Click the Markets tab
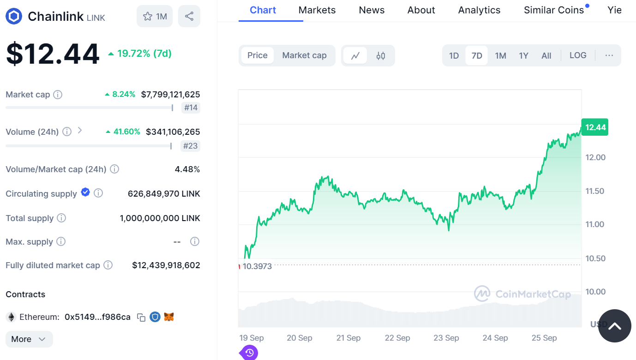[x=317, y=10]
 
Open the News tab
[x=372, y=10]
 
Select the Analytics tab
[x=479, y=10]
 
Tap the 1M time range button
[x=500, y=56]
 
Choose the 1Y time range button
[x=523, y=56]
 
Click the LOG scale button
[x=578, y=56]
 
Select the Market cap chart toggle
[x=304, y=56]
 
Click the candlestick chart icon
[x=381, y=56]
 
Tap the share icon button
[x=189, y=17]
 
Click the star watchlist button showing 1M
[x=155, y=17]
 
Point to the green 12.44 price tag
[x=594, y=127]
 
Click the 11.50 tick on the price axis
[x=595, y=191]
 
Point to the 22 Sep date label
[x=397, y=338]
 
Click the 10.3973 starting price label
[x=257, y=266]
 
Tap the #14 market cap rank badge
[x=191, y=108]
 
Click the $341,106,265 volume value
[x=173, y=132]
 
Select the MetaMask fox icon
[x=169, y=317]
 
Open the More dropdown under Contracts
[x=29, y=339]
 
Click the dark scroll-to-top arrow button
[x=614, y=326]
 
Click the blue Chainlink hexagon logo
[x=14, y=17]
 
